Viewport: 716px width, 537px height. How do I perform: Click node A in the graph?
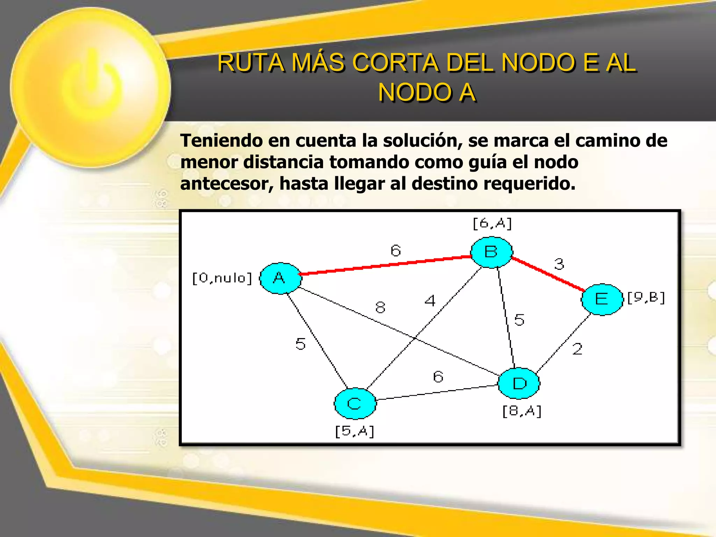pyautogui.click(x=280, y=278)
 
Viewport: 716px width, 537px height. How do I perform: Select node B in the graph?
pyautogui.click(x=491, y=252)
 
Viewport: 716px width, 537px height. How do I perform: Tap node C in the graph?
pyautogui.click(x=355, y=403)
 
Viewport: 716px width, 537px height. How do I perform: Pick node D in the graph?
pyautogui.click(x=519, y=384)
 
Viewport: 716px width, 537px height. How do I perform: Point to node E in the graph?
pyautogui.click(x=602, y=299)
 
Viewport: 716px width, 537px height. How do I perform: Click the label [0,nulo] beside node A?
pyautogui.click(x=222, y=278)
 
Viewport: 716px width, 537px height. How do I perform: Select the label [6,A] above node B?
pyautogui.click(x=492, y=223)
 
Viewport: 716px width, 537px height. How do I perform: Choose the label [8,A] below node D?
pyautogui.click(x=522, y=411)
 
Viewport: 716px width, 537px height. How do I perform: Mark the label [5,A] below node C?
pyautogui.click(x=355, y=431)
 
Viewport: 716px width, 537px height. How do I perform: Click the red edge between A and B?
pyautogui.click(x=385, y=265)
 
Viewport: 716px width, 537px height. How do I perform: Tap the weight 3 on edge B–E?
pyautogui.click(x=559, y=264)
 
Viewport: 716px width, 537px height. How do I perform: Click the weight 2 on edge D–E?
pyautogui.click(x=577, y=349)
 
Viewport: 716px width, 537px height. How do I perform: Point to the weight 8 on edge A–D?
pyautogui.click(x=380, y=308)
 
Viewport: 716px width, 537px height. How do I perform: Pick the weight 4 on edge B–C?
pyautogui.click(x=430, y=301)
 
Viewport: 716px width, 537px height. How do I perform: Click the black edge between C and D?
pyautogui.click(x=437, y=393)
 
